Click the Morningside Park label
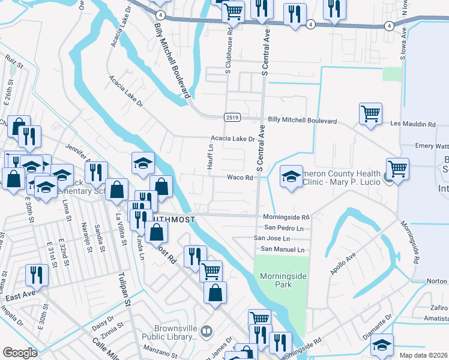pos(276,280)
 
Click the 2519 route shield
pos(232,116)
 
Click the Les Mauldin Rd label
pos(412,124)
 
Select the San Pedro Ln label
pos(284,228)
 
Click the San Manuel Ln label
pos(282,250)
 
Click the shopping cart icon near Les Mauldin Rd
pos(370,113)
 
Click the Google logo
pos(20,353)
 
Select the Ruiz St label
pos(13,61)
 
